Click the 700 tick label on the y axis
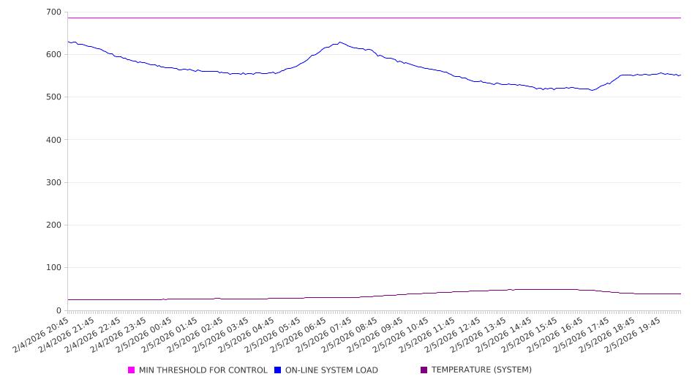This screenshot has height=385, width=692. tap(53, 12)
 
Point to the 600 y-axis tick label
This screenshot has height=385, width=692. tap(53, 55)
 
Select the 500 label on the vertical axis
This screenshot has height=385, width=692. tap(53, 97)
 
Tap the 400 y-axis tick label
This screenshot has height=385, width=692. tap(53, 140)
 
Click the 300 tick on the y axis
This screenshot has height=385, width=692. tap(53, 182)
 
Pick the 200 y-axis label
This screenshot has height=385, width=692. tap(53, 225)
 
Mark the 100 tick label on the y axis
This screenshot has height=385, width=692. tap(53, 268)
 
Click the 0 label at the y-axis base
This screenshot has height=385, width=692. tap(59, 310)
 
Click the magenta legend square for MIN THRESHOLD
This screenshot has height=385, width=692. tap(132, 370)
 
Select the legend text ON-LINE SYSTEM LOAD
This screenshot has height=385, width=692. tap(331, 370)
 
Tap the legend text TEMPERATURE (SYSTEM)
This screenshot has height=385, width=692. tap(481, 370)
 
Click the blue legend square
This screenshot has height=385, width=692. tap(278, 370)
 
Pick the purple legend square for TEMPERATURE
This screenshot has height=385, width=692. tap(424, 370)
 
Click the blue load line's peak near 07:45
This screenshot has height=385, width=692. tap(340, 42)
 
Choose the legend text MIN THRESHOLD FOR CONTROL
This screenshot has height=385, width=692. tap(203, 370)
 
